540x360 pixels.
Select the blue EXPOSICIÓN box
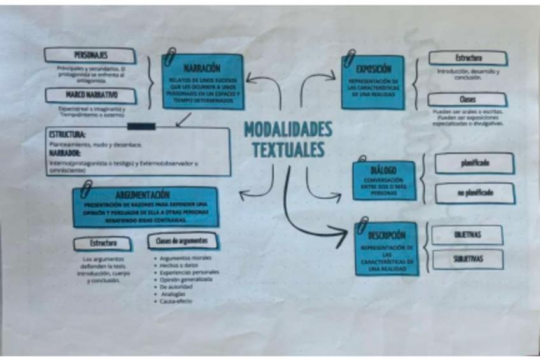pyautogui.click(x=373, y=82)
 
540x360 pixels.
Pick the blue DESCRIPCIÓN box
pyautogui.click(x=387, y=249)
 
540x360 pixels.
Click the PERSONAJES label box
pyautogui.click(x=90, y=55)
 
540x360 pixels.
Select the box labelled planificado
pyautogui.click(x=474, y=163)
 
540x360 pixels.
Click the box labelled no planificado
pyautogui.click(x=474, y=193)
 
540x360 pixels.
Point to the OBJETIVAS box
pyautogui.click(x=467, y=234)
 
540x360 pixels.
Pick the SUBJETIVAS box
pyautogui.click(x=467, y=259)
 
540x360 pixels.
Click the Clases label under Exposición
pyautogui.click(x=467, y=100)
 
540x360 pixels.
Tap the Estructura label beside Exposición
pyautogui.click(x=468, y=59)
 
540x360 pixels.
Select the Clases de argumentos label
pyautogui.click(x=182, y=241)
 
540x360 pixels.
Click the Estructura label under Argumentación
pyautogui.click(x=103, y=243)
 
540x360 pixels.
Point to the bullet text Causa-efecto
pyautogui.click(x=176, y=301)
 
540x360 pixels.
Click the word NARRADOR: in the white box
pyautogui.click(x=64, y=154)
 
